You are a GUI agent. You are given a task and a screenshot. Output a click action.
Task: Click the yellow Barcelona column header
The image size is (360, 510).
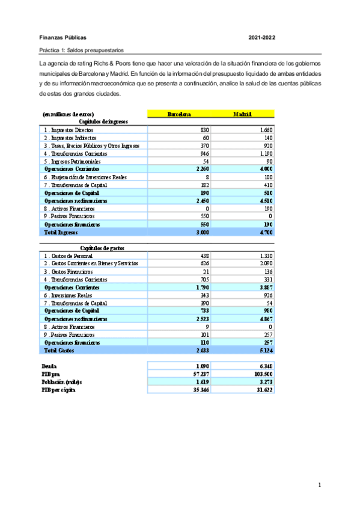coord(178,113)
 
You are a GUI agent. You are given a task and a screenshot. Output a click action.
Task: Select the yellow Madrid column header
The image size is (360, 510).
coord(242,113)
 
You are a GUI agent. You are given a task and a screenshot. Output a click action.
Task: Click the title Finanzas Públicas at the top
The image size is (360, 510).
coord(63,37)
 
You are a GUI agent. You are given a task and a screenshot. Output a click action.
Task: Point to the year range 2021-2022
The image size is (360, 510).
coord(262,37)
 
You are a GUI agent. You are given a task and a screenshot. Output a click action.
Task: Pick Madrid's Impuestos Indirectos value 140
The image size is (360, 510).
coord(267,137)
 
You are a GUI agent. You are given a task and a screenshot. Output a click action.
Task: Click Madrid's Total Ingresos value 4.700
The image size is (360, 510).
coord(264,231)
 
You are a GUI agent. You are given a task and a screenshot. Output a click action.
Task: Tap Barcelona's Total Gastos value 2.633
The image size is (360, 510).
coord(201,350)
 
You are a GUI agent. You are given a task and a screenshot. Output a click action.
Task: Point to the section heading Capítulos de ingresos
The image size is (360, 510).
coord(104,121)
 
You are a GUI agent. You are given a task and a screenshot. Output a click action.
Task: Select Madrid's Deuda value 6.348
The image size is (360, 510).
coord(264,366)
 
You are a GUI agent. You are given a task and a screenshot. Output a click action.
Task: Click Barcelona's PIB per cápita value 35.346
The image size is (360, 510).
coord(200,390)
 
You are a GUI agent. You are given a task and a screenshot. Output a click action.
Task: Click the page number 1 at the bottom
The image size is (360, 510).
coord(320,485)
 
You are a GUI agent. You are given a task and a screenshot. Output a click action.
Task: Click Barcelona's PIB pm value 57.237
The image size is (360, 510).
coord(200,373)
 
